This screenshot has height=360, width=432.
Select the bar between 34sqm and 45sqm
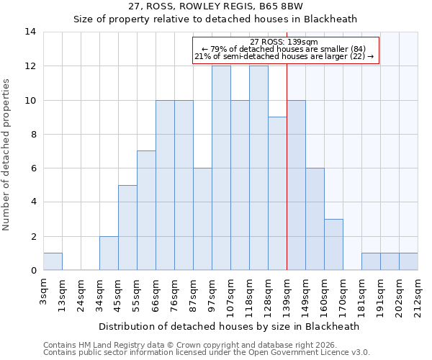(x=109, y=253)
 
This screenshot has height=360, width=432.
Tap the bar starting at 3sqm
(x=53, y=262)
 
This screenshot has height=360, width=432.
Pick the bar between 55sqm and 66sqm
(x=146, y=211)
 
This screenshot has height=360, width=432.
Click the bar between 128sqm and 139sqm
(x=277, y=194)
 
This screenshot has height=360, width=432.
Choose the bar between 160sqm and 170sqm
(x=333, y=245)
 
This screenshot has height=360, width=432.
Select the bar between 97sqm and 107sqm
(x=221, y=168)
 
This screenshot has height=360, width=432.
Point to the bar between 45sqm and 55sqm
(x=127, y=228)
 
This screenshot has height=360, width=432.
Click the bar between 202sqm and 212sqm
(x=408, y=262)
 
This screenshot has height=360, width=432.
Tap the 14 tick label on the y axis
(x=31, y=32)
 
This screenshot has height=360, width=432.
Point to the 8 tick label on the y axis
(x=33, y=134)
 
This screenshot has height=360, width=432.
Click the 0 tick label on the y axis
(x=33, y=271)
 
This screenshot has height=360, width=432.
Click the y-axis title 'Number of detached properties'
(x=7, y=156)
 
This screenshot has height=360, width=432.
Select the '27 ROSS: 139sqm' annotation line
(x=286, y=42)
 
